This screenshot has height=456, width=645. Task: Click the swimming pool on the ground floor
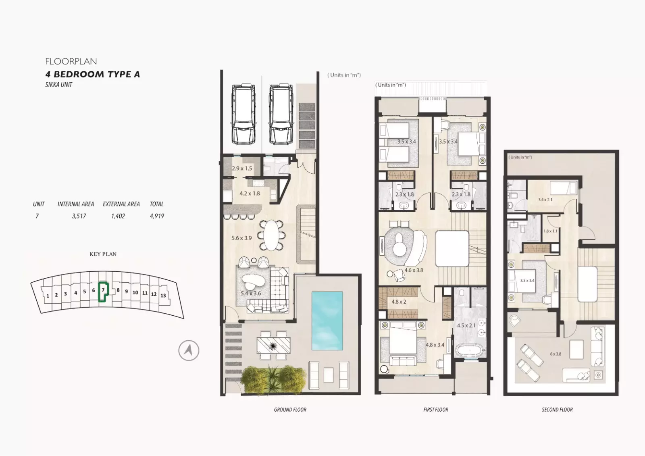327,321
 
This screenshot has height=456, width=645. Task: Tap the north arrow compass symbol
189,351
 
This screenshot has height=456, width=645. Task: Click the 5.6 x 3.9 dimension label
241,238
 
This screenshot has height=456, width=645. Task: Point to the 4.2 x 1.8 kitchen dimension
250,193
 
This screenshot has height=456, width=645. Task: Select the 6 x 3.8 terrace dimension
556,354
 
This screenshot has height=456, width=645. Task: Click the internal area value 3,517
79,216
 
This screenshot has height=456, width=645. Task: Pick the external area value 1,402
118,216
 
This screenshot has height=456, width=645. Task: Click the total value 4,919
157,216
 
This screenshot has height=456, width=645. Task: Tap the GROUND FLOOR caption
290,410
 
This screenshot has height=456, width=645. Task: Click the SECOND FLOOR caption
557,410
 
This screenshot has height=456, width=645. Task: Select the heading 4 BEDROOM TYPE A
93,74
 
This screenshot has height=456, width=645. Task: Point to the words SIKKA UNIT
59,85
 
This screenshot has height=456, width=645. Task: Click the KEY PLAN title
103,254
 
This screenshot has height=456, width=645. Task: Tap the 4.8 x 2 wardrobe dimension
399,302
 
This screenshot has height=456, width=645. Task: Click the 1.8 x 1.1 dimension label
550,231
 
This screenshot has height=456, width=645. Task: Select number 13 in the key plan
163,296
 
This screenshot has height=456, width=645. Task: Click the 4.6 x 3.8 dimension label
414,270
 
